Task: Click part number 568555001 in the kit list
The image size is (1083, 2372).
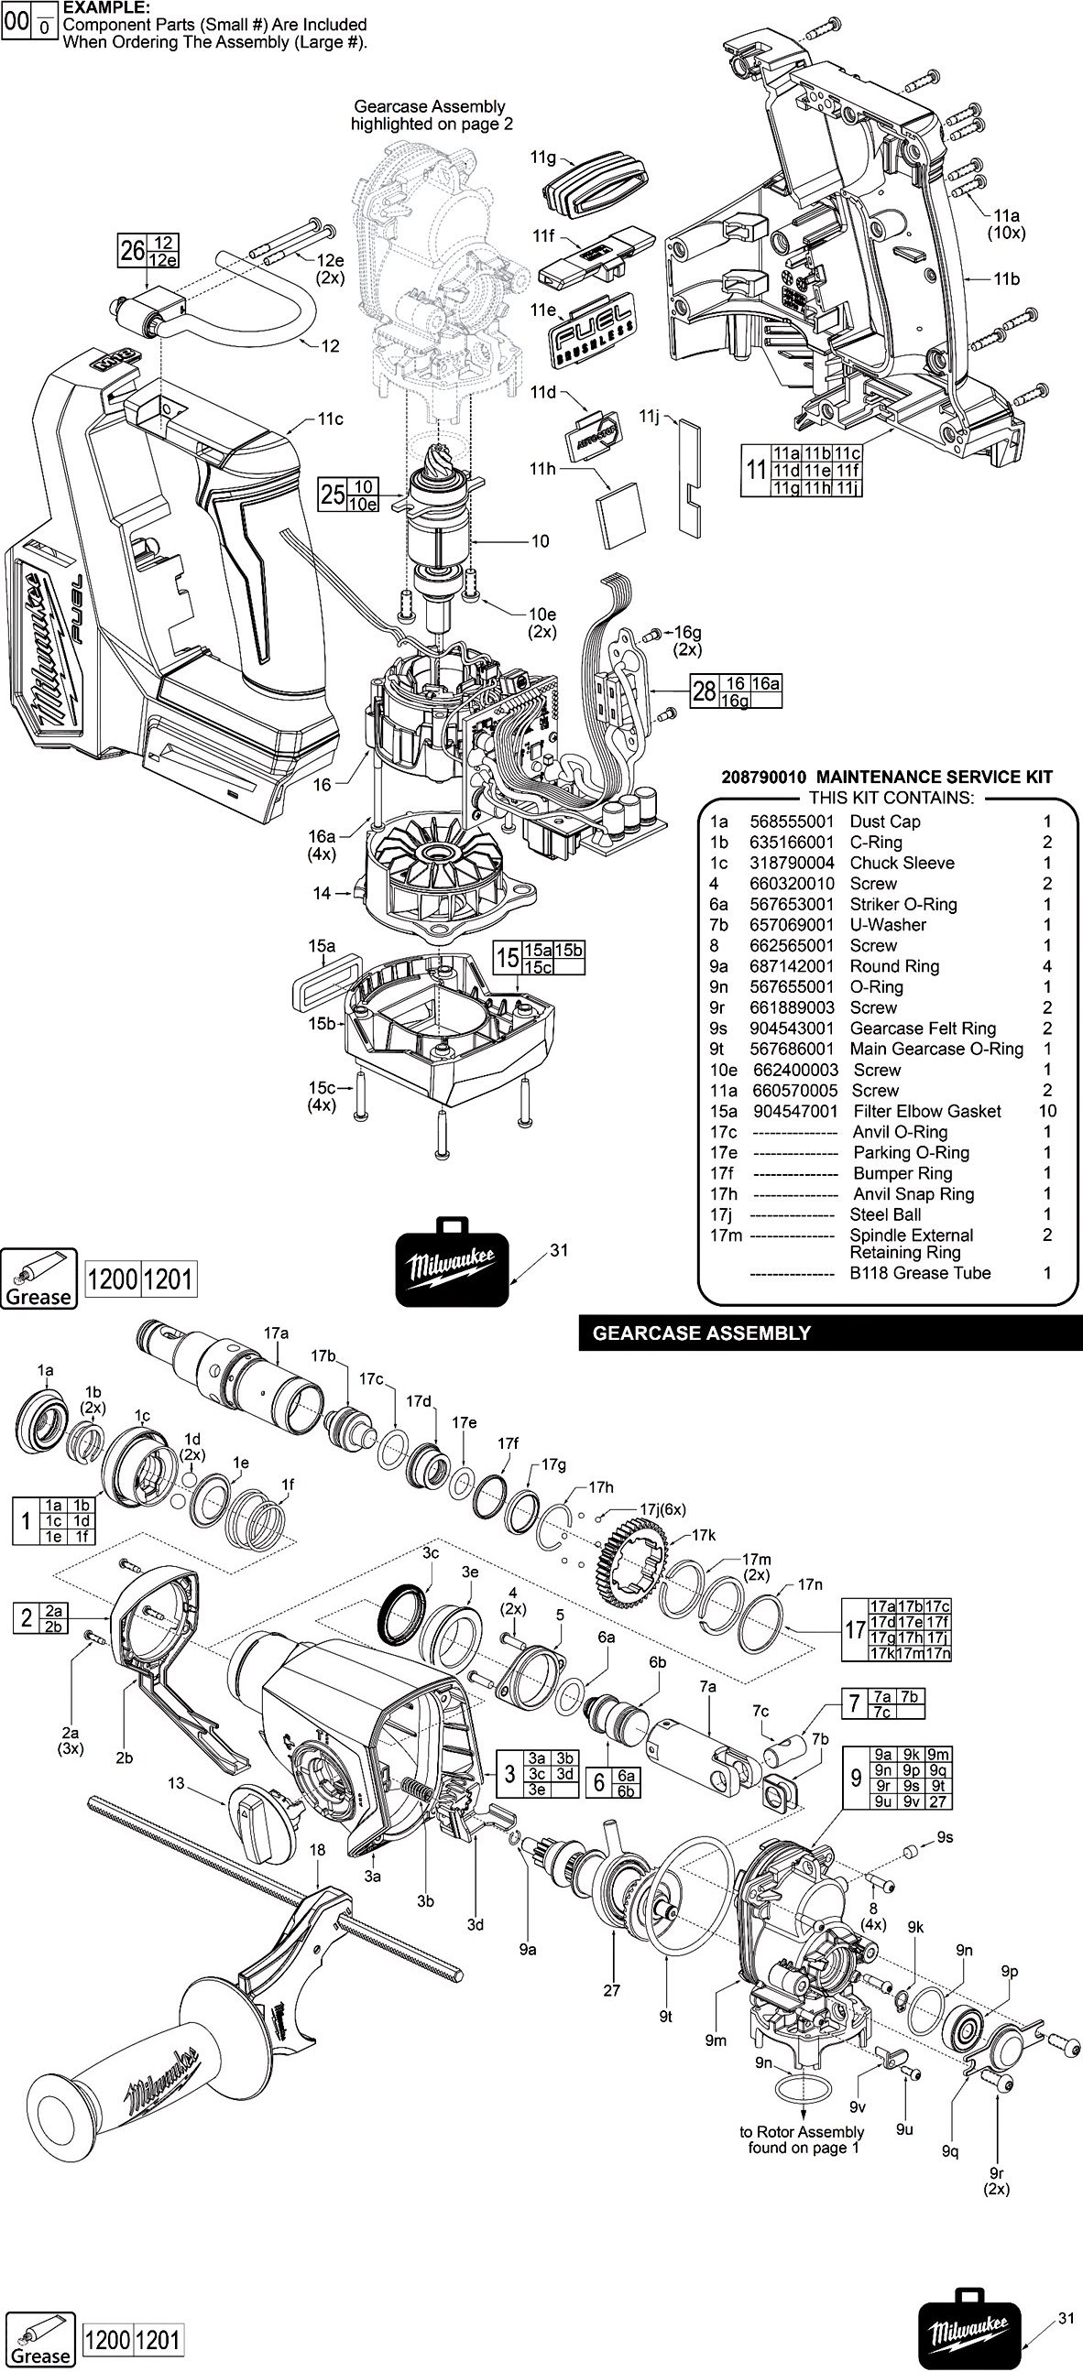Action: click(x=791, y=821)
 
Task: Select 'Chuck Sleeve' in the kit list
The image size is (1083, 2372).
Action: click(x=902, y=863)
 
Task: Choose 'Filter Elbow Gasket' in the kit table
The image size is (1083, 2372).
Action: click(x=926, y=1112)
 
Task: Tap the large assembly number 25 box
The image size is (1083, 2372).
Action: click(x=333, y=495)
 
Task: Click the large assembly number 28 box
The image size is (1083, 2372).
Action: click(x=705, y=691)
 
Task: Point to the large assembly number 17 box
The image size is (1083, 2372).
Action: click(x=856, y=1630)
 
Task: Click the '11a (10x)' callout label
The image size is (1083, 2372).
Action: click(x=1006, y=224)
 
